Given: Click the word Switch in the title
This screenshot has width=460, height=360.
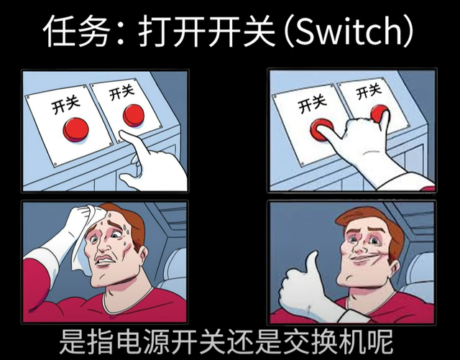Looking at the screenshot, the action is click(350, 31).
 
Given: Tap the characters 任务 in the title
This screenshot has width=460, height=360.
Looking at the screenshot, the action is click(78, 31).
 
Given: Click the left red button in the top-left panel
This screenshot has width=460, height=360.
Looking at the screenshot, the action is click(75, 129).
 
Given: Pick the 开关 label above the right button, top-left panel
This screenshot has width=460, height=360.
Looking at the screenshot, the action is click(121, 91).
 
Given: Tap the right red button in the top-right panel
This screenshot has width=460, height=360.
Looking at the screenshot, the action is click(380, 114).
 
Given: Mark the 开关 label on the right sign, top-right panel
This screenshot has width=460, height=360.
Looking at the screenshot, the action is click(369, 91).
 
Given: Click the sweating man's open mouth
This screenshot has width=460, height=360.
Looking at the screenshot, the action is click(105, 260).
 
